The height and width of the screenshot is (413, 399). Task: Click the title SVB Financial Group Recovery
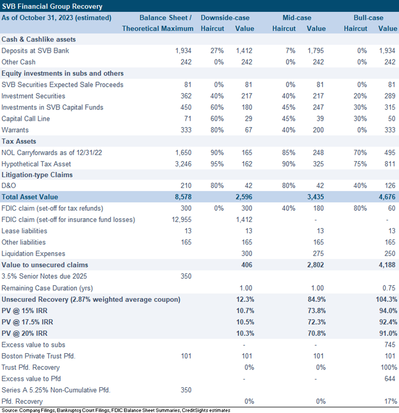click(x=52, y=6)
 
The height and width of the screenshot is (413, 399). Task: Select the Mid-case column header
click(x=297, y=18)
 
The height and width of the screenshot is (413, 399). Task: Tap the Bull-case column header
click(x=369, y=18)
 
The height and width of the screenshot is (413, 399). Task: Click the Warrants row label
click(x=15, y=130)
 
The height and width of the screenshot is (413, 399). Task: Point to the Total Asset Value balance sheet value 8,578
click(x=183, y=197)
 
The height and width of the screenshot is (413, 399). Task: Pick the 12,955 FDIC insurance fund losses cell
click(x=182, y=219)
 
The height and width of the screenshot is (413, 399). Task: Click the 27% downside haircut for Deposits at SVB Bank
click(x=217, y=51)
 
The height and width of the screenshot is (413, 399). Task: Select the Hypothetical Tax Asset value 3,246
click(x=183, y=164)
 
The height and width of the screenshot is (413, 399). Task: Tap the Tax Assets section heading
click(x=19, y=141)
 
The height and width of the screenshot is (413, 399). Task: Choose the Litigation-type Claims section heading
click(x=37, y=174)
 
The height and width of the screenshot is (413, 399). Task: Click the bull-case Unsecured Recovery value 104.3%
click(x=387, y=299)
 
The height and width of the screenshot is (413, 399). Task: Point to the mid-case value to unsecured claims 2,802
click(x=315, y=265)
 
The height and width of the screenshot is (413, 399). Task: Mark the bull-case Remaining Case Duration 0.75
click(x=389, y=288)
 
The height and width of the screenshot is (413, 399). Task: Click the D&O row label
click(x=9, y=185)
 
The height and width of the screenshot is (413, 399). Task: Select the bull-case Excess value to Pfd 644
click(x=390, y=378)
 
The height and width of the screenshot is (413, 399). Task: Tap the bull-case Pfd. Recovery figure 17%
click(x=391, y=401)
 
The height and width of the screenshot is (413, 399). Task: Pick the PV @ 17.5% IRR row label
click(x=27, y=322)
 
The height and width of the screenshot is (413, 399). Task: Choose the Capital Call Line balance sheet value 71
click(x=188, y=119)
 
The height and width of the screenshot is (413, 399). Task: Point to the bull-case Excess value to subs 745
click(x=390, y=344)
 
